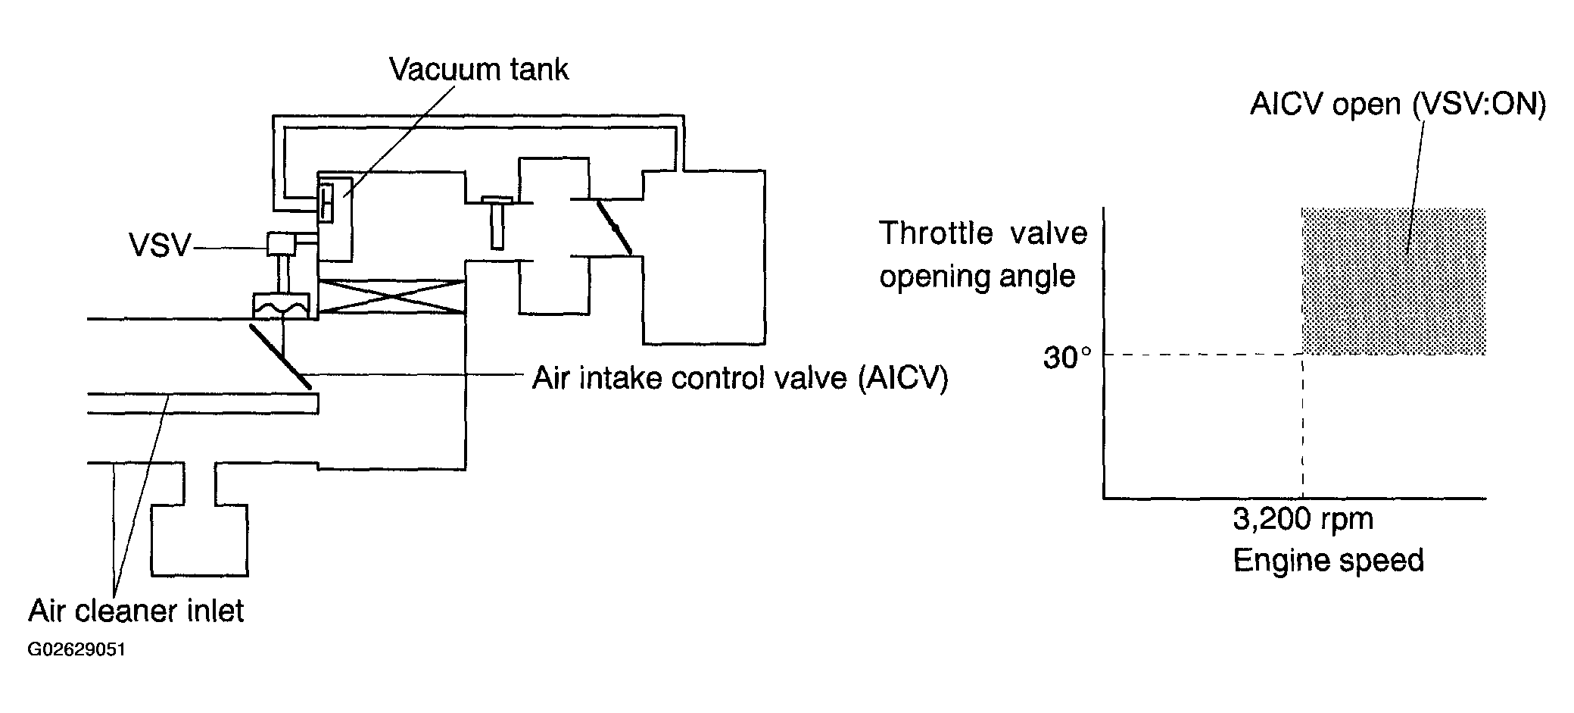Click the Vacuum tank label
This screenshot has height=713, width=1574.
pos(478,70)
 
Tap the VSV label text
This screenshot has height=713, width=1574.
pos(160,245)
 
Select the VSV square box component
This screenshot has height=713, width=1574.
pos(281,243)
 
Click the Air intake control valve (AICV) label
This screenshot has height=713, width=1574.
pos(740,377)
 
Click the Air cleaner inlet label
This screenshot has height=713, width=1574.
pos(136,610)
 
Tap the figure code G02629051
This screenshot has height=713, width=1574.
pos(76,650)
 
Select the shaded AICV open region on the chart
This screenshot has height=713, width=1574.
pos(1393,280)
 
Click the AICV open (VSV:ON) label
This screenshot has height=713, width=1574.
pos(1398,104)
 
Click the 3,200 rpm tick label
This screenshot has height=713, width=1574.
pos(1302,519)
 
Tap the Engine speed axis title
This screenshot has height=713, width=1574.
pos(1328,561)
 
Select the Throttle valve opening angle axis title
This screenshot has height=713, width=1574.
pos(982,254)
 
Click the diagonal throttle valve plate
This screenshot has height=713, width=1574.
pos(614,227)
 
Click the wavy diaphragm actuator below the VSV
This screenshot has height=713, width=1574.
pos(281,306)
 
